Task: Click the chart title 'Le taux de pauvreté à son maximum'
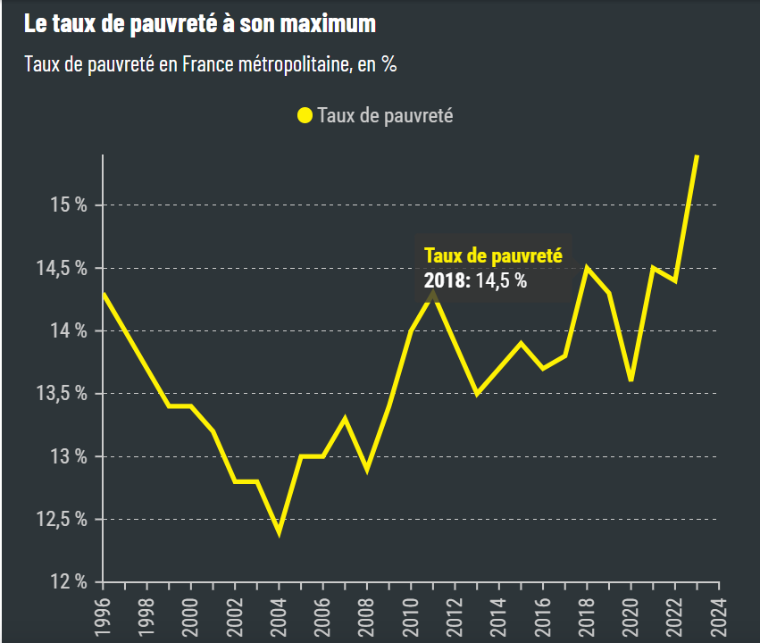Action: (x=200, y=24)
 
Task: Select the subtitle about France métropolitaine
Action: (x=211, y=65)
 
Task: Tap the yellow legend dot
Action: (x=305, y=115)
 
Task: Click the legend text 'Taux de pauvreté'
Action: (x=385, y=115)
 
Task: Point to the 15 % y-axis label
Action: (x=69, y=205)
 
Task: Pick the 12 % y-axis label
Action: (x=69, y=582)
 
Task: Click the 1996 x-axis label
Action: (x=104, y=615)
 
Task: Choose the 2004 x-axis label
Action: (x=280, y=615)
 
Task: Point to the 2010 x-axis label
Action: (x=412, y=615)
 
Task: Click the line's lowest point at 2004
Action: (x=280, y=532)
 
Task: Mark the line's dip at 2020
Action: (x=631, y=381)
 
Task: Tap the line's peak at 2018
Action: (x=587, y=267)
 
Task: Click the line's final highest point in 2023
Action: (x=697, y=155)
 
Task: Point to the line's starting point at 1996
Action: (x=104, y=293)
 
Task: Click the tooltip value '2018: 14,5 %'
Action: (x=475, y=280)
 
